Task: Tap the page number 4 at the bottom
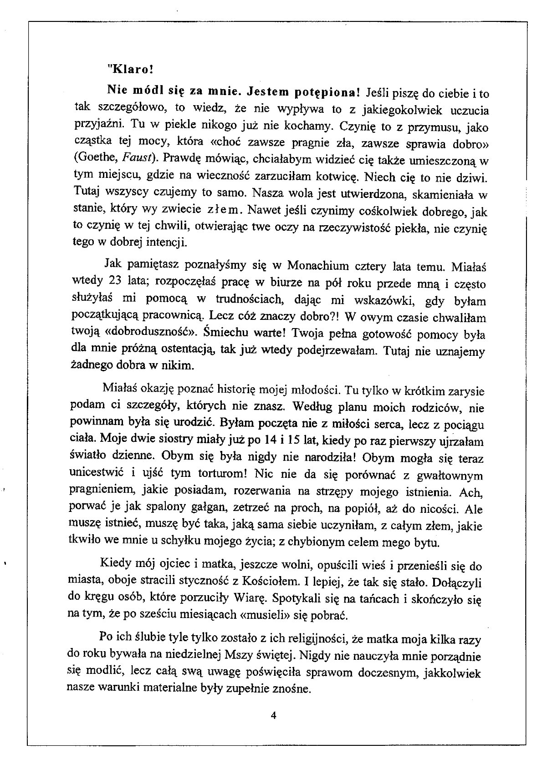[273, 714]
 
